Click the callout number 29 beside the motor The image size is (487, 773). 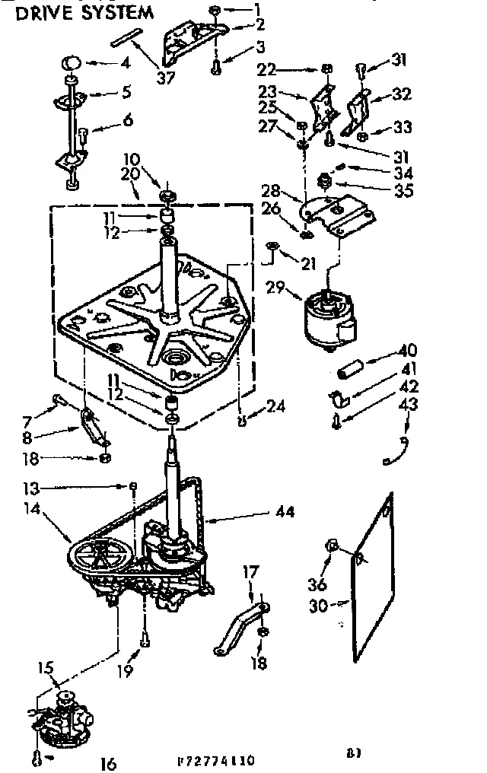coord(276,287)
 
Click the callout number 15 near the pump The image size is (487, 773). coord(46,670)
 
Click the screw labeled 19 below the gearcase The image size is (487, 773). coord(145,640)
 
